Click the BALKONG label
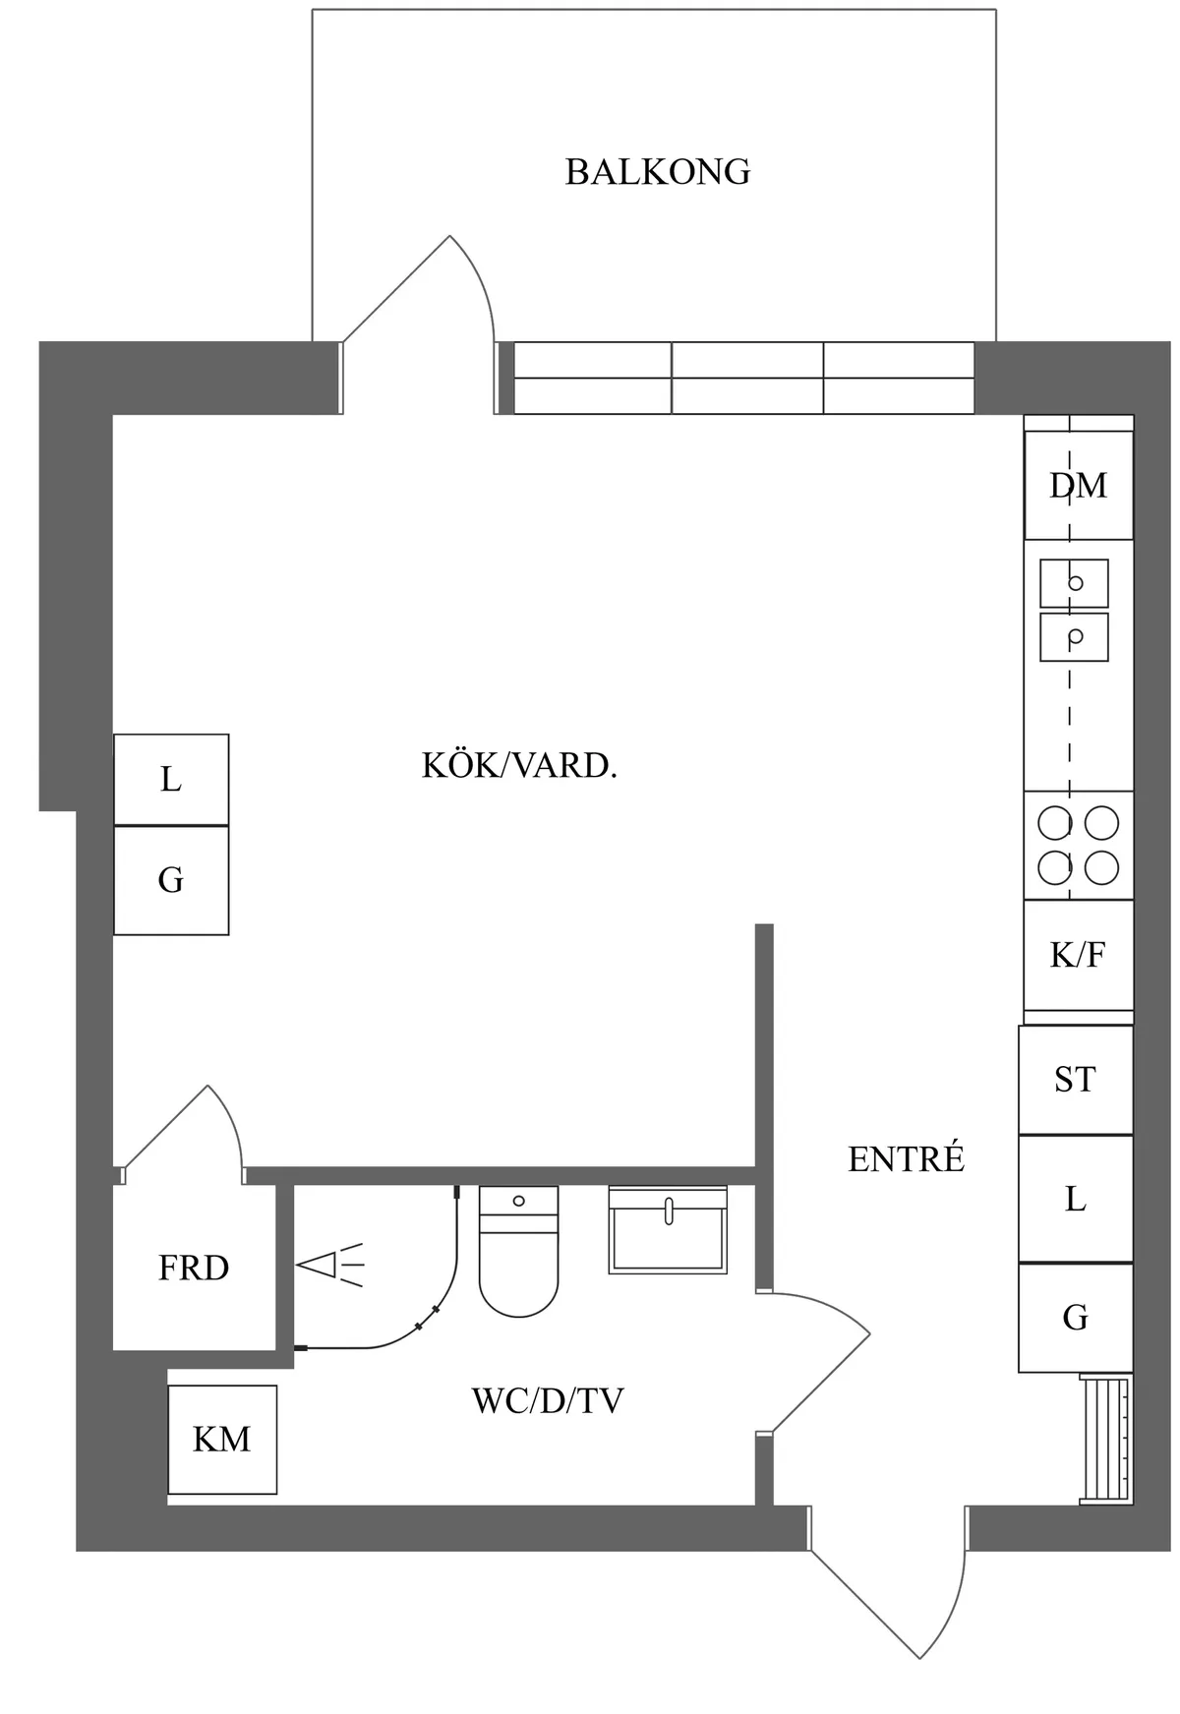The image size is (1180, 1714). (657, 172)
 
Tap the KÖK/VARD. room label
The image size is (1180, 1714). (519, 765)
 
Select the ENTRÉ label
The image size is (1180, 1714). (906, 1159)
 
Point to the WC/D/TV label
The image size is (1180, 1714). (548, 1400)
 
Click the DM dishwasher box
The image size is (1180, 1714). (1078, 485)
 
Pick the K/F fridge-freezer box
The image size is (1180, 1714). (1078, 954)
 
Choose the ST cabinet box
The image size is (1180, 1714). (1075, 1080)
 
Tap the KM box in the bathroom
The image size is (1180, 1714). (222, 1440)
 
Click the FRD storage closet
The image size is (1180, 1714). (194, 1269)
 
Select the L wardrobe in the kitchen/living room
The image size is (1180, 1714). (171, 780)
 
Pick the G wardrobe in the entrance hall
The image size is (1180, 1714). (1075, 1317)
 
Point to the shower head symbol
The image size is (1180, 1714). (329, 1266)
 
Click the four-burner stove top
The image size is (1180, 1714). (1078, 846)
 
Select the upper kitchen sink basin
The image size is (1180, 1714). (1074, 583)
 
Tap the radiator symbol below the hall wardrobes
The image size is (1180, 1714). (1105, 1440)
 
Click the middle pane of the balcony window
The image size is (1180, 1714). (747, 378)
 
